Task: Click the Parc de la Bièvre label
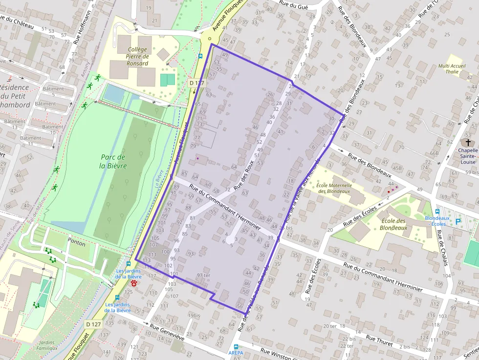(x=113, y=161)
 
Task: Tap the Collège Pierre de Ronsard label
(x=137, y=56)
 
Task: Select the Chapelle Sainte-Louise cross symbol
(x=468, y=143)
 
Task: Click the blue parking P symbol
(x=458, y=222)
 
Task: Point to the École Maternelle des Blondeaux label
(x=334, y=188)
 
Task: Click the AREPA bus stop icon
(x=236, y=346)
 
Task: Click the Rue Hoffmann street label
(x=82, y=28)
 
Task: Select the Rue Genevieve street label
(x=167, y=332)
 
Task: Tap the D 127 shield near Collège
(x=196, y=83)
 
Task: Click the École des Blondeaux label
(x=393, y=224)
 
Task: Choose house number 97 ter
(x=203, y=275)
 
